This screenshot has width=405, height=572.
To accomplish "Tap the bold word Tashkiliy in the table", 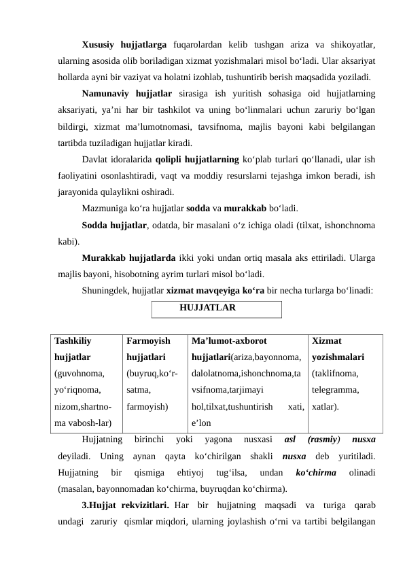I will coord(73,340).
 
